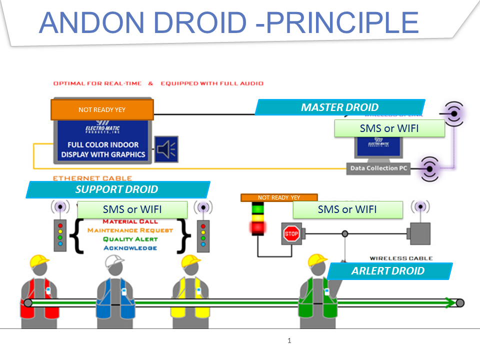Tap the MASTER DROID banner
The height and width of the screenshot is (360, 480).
pyautogui.click(x=339, y=107)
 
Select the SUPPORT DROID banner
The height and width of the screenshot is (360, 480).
pyautogui.click(x=117, y=189)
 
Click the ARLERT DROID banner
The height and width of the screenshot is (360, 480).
pyautogui.click(x=388, y=271)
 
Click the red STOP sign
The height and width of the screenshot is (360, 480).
pyautogui.click(x=291, y=233)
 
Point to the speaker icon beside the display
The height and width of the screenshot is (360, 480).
pyautogui.click(x=166, y=148)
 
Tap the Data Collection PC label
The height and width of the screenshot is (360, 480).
pyautogui.click(x=378, y=168)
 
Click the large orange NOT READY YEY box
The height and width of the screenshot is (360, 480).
pyautogui.click(x=102, y=109)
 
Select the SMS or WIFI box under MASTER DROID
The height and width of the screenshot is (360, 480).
pyautogui.click(x=389, y=128)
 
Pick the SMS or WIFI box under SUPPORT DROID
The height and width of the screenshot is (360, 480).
pyautogui.click(x=132, y=209)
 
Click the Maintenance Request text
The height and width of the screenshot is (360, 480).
pyautogui.click(x=130, y=230)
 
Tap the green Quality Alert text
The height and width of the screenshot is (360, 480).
pyautogui.click(x=130, y=239)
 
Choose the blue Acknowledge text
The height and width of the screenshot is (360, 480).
pyautogui.click(x=130, y=248)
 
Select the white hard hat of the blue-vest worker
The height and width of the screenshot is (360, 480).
pyautogui.click(x=114, y=260)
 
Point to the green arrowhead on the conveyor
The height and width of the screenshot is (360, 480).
pyautogui.click(x=450, y=302)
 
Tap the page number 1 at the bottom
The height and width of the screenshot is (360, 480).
pyautogui.click(x=289, y=341)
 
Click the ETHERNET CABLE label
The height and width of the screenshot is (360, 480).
pyautogui.click(x=92, y=178)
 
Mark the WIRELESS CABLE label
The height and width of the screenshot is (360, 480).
pyautogui.click(x=401, y=258)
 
